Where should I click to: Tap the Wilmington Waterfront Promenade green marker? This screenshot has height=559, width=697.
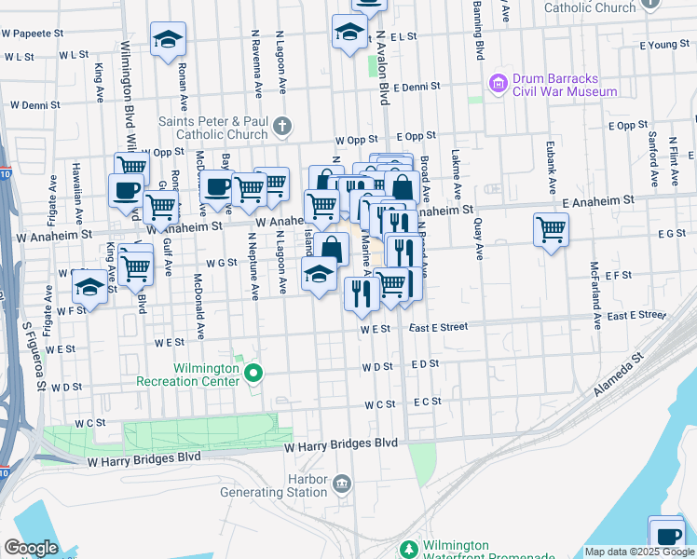pyautogui.click(x=408, y=550)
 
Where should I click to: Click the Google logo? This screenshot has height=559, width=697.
pyautogui.click(x=31, y=548)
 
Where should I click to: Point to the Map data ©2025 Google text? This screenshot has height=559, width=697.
pyautogui.click(x=638, y=552)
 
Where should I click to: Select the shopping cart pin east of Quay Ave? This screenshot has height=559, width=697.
pyautogui.click(x=551, y=228)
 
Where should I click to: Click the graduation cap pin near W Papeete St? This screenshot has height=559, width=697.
pyautogui.click(x=169, y=40)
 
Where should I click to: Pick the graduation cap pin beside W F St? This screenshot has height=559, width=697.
pyautogui.click(x=90, y=286)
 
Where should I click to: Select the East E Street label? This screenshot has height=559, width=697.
pyautogui.click(x=437, y=327)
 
